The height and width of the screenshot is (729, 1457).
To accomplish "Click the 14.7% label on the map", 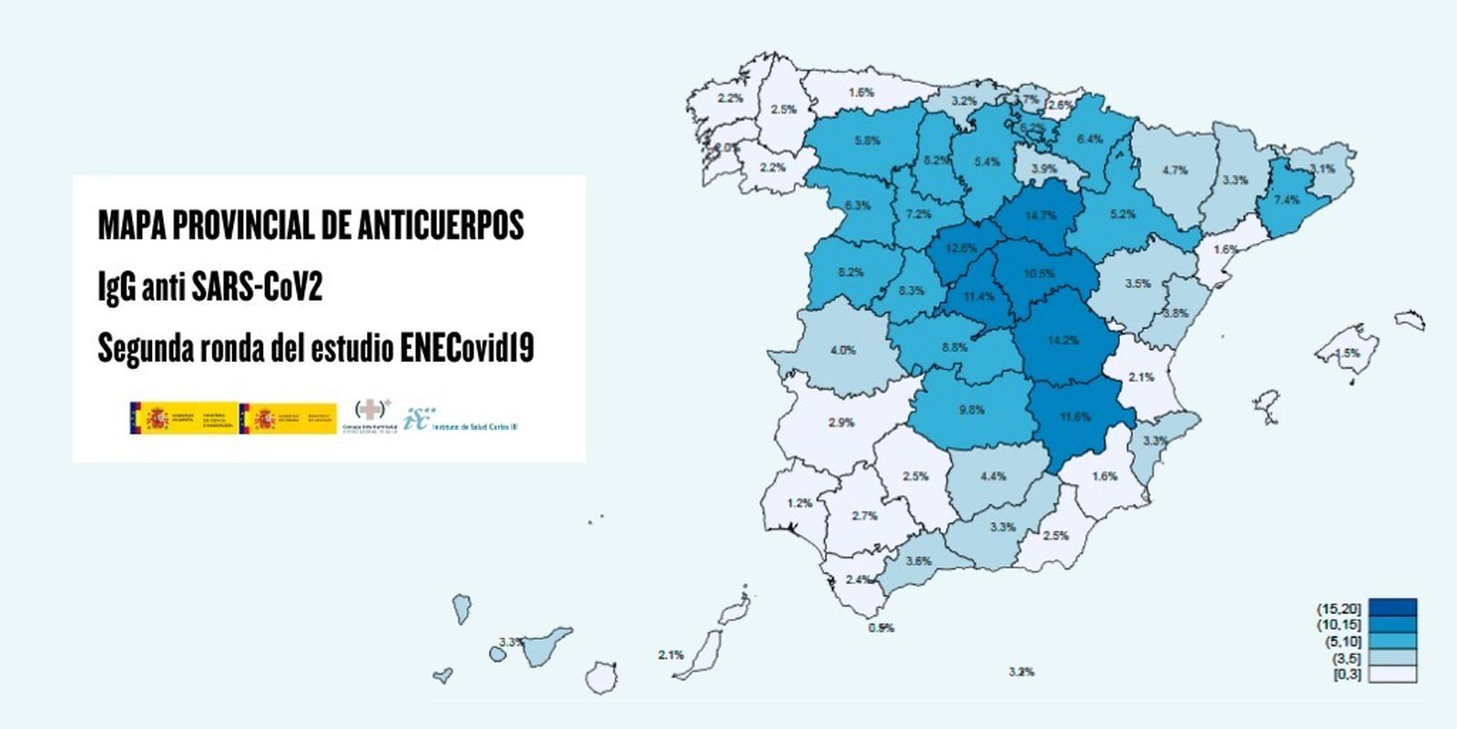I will click(x=1041, y=216).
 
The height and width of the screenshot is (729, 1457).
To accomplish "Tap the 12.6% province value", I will click(x=962, y=248).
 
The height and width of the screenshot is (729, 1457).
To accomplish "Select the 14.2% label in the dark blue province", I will click(x=1063, y=340).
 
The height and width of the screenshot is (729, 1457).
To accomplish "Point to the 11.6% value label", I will click(x=1075, y=416).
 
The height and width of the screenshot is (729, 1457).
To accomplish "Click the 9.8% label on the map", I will click(x=972, y=410).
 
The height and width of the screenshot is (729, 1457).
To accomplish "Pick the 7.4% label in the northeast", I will click(x=1287, y=200).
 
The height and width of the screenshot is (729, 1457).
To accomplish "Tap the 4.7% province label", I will click(x=1175, y=170).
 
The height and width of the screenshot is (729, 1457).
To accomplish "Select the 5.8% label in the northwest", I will click(x=867, y=141).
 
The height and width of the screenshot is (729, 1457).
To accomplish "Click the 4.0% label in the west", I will click(x=842, y=350).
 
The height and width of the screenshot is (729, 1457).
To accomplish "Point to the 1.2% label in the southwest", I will click(x=800, y=503).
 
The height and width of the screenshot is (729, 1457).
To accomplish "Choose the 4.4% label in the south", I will click(x=993, y=477).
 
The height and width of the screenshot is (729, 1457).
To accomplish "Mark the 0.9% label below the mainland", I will click(x=881, y=628).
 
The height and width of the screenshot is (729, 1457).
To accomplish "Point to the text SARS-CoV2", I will click(x=257, y=287).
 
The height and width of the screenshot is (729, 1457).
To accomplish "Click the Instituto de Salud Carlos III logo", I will click(x=460, y=420).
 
